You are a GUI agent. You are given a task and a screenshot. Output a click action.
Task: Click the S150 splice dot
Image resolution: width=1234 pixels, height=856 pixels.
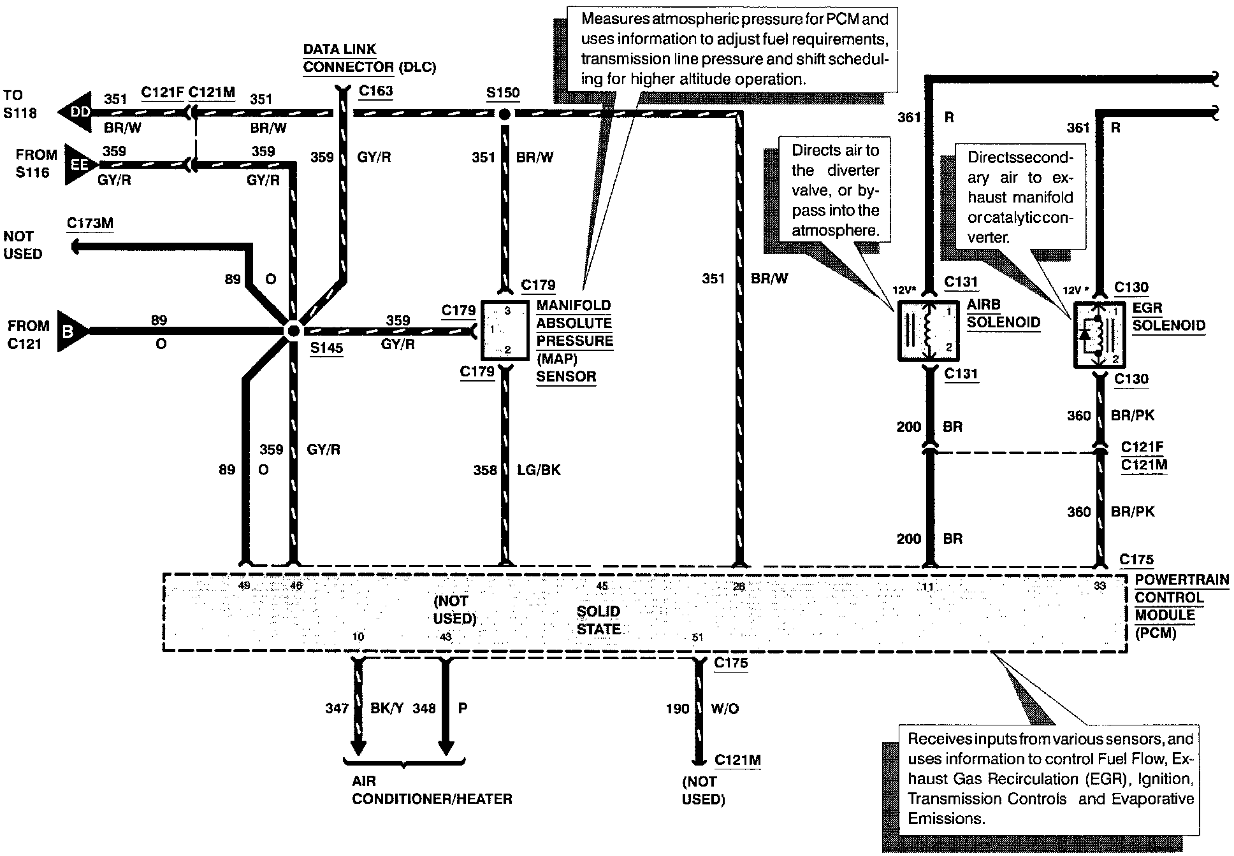(x=504, y=115)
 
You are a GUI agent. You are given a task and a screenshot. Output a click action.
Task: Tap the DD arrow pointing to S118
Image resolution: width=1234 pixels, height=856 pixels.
(x=75, y=113)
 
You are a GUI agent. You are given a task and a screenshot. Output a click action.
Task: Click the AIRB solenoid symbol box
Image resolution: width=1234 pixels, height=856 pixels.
(x=928, y=331)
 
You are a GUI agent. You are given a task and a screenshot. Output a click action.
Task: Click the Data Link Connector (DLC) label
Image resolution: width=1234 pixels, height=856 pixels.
(x=368, y=58)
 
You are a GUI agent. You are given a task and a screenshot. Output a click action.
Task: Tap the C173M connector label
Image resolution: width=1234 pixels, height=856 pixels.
(x=90, y=223)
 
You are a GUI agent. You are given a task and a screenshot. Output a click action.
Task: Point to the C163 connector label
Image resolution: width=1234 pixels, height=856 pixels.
(x=375, y=90)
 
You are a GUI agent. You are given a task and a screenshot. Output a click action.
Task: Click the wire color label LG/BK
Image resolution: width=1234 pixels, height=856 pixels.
(x=539, y=470)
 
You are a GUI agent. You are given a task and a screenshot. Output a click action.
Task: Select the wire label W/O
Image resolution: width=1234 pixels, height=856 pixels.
(x=725, y=709)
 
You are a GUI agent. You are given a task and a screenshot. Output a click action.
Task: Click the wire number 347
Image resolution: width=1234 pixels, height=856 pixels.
(x=337, y=708)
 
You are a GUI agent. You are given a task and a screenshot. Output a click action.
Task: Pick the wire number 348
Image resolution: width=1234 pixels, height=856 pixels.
(x=424, y=708)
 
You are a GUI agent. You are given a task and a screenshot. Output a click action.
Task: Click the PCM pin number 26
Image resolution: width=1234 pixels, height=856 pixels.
(x=739, y=587)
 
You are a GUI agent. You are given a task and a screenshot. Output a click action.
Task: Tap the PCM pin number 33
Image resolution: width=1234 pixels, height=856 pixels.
(x=1100, y=586)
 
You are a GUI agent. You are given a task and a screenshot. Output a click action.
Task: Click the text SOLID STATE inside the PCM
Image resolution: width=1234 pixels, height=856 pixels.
(x=598, y=620)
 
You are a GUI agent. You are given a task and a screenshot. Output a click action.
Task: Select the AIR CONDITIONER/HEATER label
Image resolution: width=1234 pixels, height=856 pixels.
(x=432, y=790)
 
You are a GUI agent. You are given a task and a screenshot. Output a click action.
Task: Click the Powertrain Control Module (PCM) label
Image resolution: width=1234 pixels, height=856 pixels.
(x=1181, y=606)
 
